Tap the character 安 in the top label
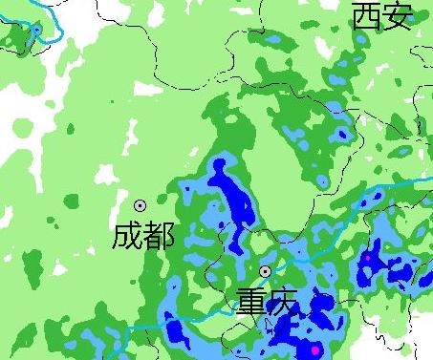(398, 16)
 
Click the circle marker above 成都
(141, 204)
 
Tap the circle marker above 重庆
(265, 272)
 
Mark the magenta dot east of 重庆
(366, 258)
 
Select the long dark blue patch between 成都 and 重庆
(232, 196)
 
